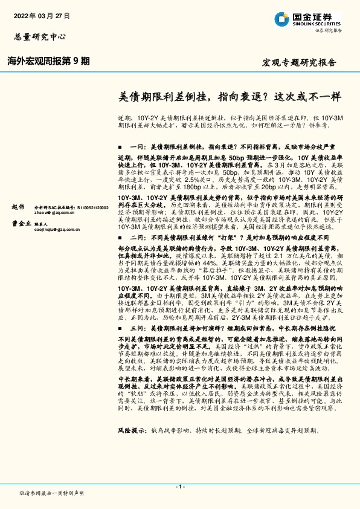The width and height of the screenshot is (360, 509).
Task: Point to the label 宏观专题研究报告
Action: pos(298,63)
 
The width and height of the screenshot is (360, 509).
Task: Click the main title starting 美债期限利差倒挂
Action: pos(229,96)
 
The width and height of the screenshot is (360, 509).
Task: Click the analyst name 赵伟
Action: pos(19,207)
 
